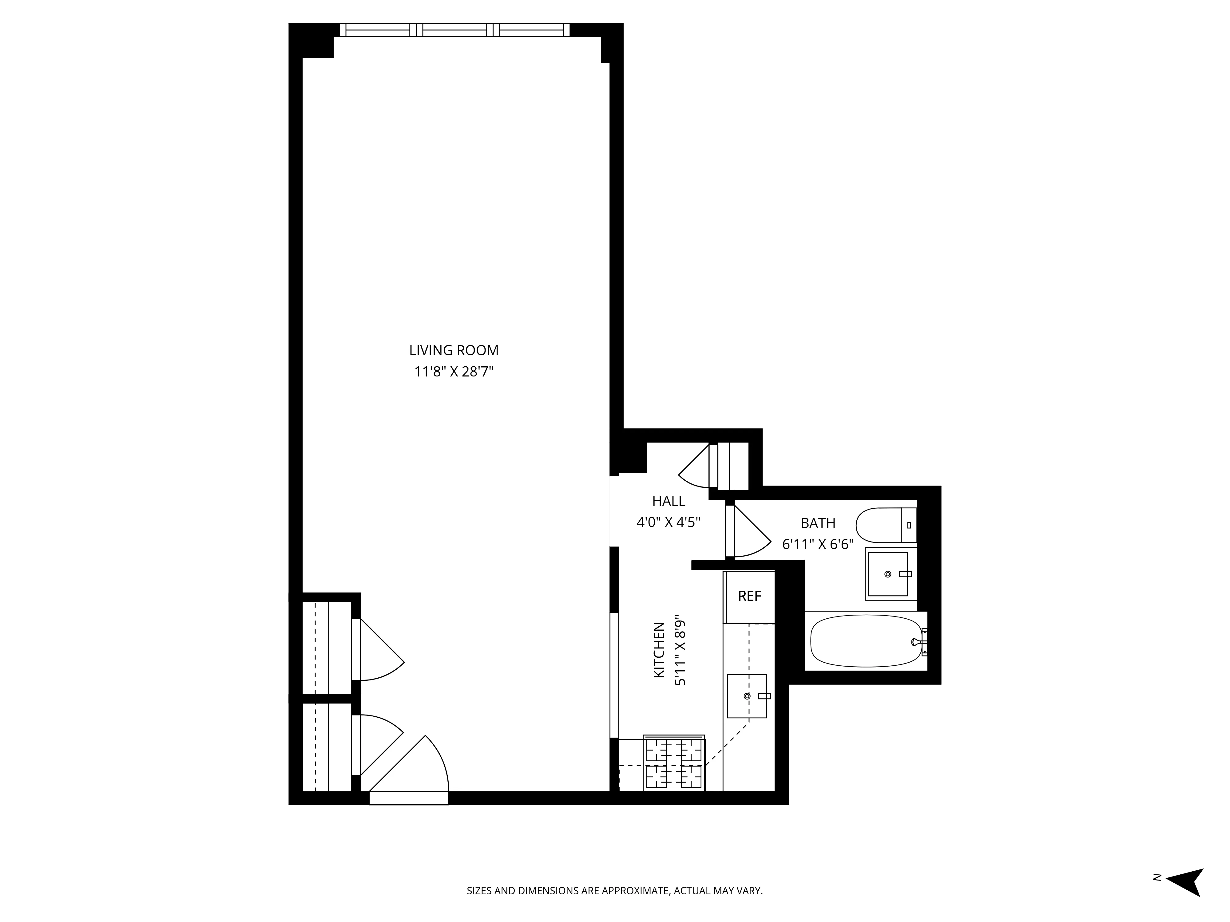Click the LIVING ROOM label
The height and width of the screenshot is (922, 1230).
[454, 351]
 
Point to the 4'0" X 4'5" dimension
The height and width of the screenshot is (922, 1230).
[669, 522]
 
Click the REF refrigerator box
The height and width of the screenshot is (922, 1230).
[749, 596]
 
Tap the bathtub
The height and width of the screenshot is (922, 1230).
[866, 641]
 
